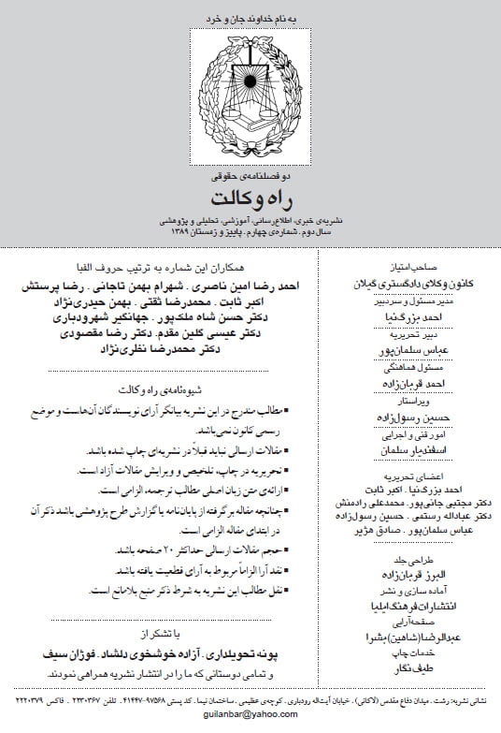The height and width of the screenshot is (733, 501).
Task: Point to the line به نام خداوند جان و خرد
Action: coord(249,18)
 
